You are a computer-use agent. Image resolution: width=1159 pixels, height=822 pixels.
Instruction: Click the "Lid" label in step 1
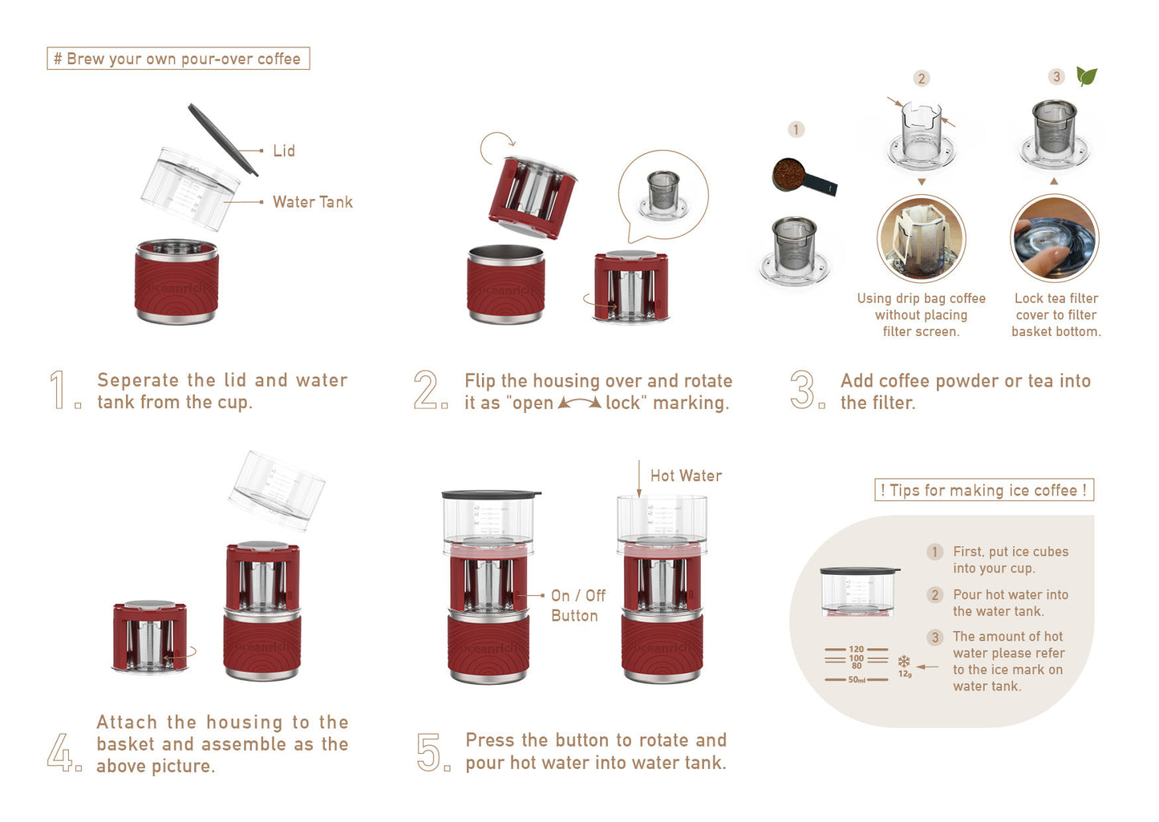(283, 151)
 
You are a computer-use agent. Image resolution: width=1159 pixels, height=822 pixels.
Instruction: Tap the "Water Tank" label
(312, 202)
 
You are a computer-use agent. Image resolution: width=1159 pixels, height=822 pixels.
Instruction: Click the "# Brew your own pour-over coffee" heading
(178, 59)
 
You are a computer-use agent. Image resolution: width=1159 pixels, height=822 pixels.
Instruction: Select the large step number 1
(58, 391)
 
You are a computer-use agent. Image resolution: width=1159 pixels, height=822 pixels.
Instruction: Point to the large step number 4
(59, 753)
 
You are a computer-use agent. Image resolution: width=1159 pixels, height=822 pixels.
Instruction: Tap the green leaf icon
(1086, 76)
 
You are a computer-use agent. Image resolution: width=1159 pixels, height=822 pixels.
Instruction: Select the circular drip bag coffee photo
(922, 238)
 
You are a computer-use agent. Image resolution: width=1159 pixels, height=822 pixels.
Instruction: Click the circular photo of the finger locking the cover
(1054, 238)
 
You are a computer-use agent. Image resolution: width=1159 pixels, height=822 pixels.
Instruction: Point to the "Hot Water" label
(686, 476)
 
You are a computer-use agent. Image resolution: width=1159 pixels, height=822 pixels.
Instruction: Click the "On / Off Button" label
(577, 605)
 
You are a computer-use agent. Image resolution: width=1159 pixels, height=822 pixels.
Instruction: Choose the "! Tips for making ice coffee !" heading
(983, 490)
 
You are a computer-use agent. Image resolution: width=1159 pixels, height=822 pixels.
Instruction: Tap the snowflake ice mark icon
(904, 662)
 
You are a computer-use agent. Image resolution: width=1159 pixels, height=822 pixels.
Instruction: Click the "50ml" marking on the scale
(857, 680)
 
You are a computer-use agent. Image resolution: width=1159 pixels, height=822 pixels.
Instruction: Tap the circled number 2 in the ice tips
(934, 595)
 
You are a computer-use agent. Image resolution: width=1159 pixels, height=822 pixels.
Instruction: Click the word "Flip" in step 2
(480, 381)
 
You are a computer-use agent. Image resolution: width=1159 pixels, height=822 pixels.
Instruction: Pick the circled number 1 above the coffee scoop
(796, 129)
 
